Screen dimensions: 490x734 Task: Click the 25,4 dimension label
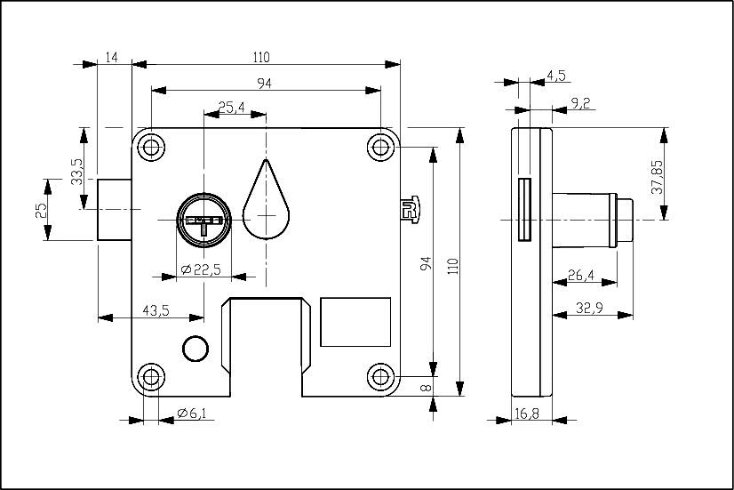click(x=232, y=107)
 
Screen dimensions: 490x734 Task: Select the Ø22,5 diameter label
click(x=200, y=268)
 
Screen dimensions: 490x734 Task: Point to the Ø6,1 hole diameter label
click(x=191, y=414)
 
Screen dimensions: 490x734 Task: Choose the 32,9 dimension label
click(x=592, y=308)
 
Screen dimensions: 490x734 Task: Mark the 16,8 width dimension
click(x=527, y=414)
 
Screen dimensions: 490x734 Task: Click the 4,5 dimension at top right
click(x=556, y=76)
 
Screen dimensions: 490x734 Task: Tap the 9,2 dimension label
click(x=581, y=104)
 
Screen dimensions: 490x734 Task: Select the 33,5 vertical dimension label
click(x=77, y=171)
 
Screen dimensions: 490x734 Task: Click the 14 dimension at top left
click(x=112, y=58)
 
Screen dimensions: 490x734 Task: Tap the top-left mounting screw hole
click(x=151, y=146)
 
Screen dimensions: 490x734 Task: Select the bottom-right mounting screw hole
click(x=381, y=377)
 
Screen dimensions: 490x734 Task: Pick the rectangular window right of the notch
click(x=355, y=322)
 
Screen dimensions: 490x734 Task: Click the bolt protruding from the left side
click(x=114, y=209)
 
